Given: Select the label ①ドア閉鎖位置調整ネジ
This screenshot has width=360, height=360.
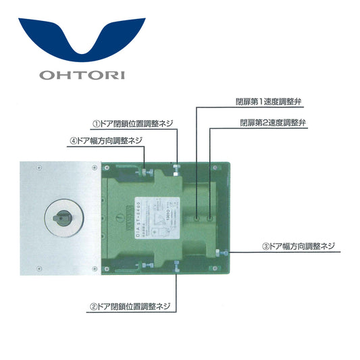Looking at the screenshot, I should (133, 123).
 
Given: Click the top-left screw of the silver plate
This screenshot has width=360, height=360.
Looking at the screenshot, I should (40, 167).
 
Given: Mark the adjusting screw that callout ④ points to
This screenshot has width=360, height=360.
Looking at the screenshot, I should (144, 172).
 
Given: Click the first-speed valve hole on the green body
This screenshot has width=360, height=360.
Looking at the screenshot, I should (196, 218).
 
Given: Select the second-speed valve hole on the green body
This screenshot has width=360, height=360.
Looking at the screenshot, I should (210, 218).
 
